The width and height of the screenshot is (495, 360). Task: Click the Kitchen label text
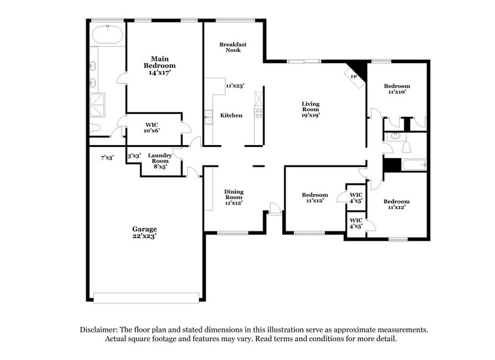(231, 115)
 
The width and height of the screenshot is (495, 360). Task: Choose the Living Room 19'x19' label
(311, 108)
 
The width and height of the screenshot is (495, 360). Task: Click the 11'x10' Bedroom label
(396, 89)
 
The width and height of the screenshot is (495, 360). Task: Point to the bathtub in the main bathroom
(108, 36)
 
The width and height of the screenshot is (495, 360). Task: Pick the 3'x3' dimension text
(133, 157)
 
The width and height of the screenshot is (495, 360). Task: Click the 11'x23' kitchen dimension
(235, 86)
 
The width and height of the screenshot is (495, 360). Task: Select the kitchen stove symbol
(259, 113)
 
